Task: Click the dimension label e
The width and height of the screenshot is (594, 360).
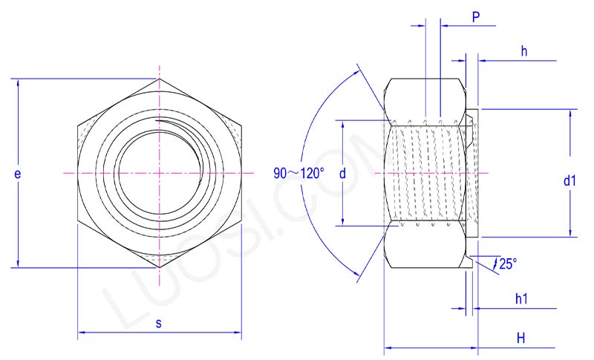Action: [x=17, y=174]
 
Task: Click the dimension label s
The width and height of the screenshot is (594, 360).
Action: [x=159, y=324]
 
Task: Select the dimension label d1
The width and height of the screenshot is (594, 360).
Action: [x=569, y=180]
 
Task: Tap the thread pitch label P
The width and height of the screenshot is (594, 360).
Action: [x=476, y=17]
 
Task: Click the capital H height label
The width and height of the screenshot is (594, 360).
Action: [x=521, y=338]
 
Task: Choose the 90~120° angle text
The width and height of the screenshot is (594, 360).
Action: [x=298, y=174]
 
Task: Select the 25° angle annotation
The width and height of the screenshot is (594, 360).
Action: [x=508, y=263]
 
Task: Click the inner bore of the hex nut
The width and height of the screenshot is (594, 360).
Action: [x=158, y=172]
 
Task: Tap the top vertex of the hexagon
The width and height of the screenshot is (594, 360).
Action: [x=159, y=78]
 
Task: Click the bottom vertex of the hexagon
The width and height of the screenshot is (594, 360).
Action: [x=159, y=267]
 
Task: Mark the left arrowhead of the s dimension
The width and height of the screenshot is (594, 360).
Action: [x=81, y=334]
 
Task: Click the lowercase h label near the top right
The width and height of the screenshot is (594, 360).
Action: [x=524, y=51]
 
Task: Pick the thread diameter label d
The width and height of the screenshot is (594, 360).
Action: [x=342, y=174]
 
